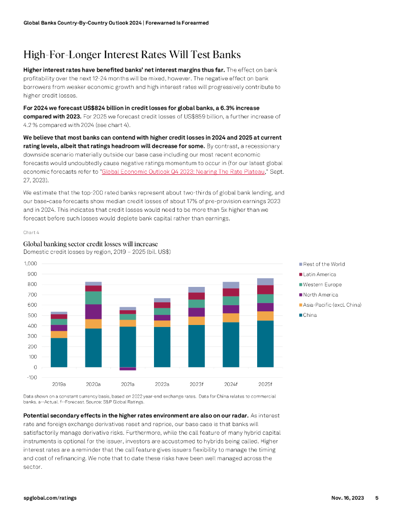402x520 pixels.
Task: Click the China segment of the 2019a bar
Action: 59,352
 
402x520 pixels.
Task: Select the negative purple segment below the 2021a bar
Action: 128,369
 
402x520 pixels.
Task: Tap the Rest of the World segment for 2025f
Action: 265,282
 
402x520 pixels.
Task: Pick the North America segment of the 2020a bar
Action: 94,311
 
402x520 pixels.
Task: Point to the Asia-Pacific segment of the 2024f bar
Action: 231,318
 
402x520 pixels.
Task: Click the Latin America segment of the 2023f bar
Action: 197,296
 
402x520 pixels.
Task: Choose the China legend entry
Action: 311,315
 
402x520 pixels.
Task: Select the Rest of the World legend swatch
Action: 300,264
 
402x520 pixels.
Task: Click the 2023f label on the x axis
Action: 196,384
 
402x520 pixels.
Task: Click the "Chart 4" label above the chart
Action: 32,232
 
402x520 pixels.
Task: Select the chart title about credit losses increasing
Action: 90,244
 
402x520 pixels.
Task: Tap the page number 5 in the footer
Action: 377,498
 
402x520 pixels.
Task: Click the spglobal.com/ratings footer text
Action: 50,498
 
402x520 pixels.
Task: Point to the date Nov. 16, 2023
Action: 347,498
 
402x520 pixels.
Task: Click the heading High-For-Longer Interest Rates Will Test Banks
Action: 132,55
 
